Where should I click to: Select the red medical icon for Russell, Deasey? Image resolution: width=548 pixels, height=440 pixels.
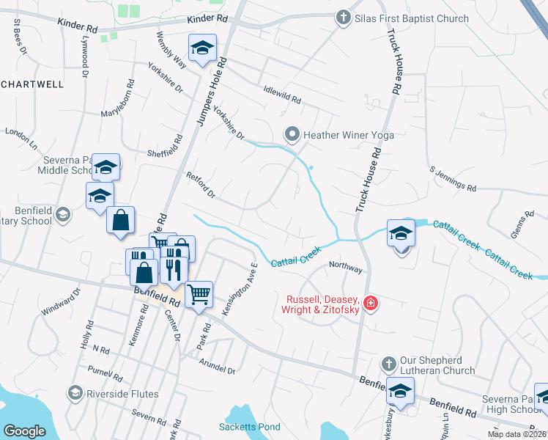tap(371, 303)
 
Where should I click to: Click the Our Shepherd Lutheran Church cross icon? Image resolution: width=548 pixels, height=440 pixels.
tap(389, 363)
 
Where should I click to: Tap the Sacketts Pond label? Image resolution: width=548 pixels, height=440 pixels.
tap(250, 427)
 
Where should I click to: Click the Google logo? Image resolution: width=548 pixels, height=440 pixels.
tap(24, 431)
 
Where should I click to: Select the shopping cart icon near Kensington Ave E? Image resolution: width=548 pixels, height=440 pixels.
tap(199, 295)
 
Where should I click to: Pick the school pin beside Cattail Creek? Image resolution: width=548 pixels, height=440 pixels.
tap(401, 234)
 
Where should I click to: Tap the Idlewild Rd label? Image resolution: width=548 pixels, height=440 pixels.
tap(282, 94)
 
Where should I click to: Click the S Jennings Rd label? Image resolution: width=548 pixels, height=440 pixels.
tap(453, 179)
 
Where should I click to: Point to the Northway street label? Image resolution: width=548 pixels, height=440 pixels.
tap(346, 267)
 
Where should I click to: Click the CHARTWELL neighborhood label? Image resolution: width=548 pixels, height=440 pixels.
tap(32, 84)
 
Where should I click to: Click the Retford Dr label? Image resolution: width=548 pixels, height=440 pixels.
tap(201, 185)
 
